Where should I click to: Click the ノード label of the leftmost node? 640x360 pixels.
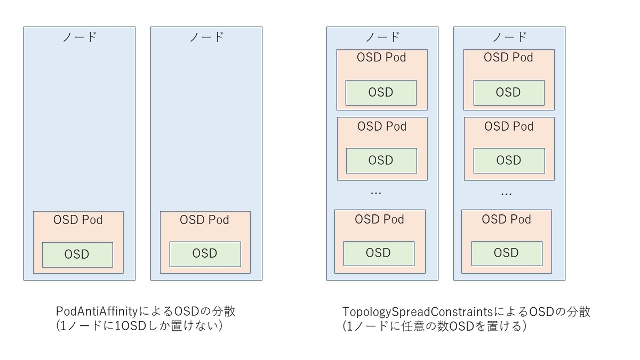(79, 37)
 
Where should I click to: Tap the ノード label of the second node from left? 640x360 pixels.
(206, 37)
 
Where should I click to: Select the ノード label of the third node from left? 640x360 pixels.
(382, 37)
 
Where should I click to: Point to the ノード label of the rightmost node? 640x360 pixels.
(509, 37)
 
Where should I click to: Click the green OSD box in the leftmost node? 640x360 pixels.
(77, 254)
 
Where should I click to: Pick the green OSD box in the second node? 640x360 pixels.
(205, 254)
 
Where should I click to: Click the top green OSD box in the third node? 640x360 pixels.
(381, 92)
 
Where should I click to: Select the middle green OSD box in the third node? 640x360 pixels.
(381, 160)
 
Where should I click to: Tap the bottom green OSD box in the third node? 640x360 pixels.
(379, 253)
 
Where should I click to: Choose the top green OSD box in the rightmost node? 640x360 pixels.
(508, 92)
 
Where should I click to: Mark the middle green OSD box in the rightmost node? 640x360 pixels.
(508, 160)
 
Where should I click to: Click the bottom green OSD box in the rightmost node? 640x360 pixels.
(506, 253)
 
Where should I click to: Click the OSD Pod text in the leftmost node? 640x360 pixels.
(78, 220)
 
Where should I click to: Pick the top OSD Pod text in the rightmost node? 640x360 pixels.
(508, 58)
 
